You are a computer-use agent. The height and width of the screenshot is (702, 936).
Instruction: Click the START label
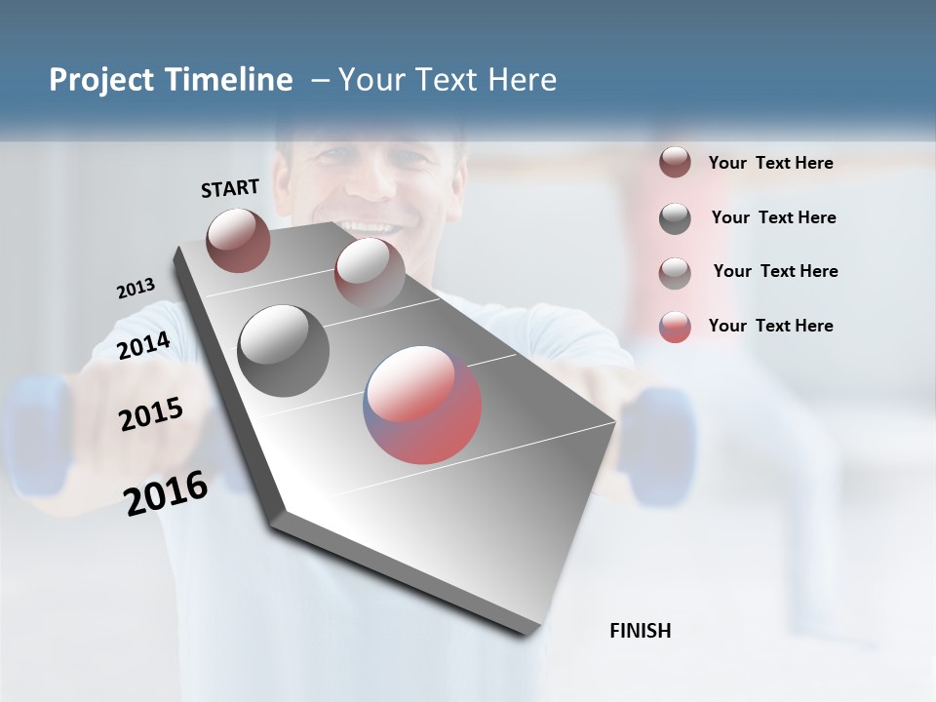[x=230, y=188]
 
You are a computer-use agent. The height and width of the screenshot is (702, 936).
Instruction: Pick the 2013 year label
[x=136, y=288]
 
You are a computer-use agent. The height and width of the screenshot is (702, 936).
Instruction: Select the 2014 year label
[x=144, y=345]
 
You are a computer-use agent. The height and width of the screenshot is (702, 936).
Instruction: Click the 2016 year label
[x=166, y=492]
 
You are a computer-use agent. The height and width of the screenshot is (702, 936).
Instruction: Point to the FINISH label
[x=641, y=631]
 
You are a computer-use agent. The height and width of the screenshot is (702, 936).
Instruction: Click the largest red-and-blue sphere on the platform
[x=422, y=405]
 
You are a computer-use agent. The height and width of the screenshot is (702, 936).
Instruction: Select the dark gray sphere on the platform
[x=283, y=350]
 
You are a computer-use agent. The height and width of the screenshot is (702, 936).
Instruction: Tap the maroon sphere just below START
[x=238, y=240]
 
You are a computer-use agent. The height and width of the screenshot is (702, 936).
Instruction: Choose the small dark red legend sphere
[x=675, y=162]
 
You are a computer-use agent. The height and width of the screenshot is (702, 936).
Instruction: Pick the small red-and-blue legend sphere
[x=675, y=326]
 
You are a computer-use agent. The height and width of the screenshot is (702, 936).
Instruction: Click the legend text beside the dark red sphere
[x=770, y=163]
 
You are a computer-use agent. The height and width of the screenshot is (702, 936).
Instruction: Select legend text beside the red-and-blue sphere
[x=770, y=326]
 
